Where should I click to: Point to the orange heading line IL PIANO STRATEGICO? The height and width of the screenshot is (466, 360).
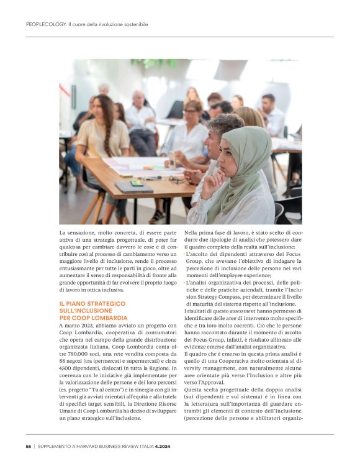(x=86, y=303)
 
